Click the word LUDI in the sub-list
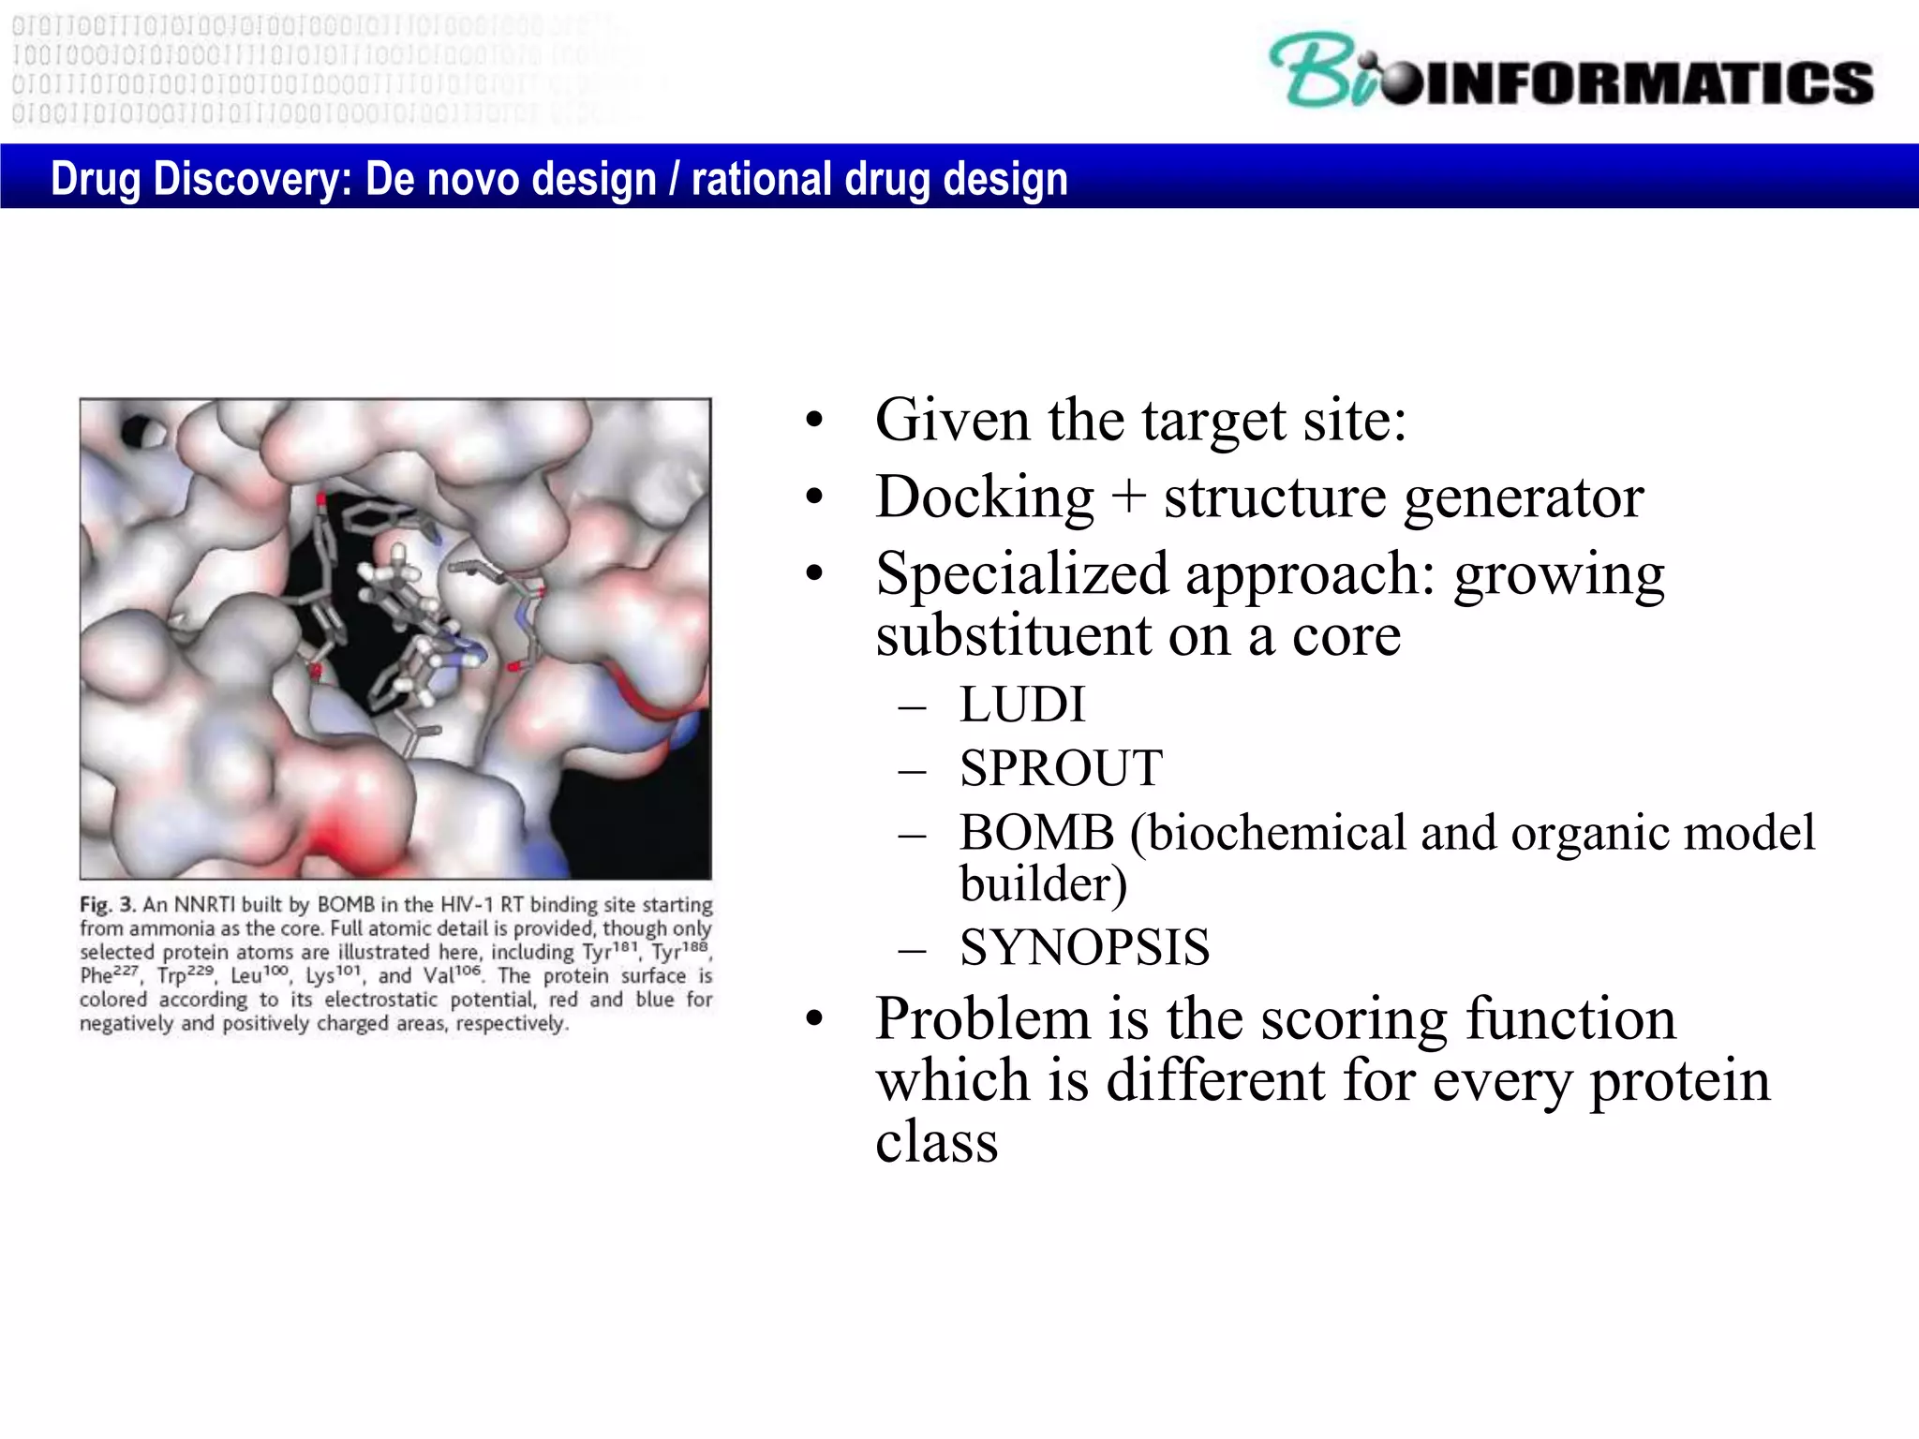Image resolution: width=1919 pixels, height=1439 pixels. [x=1021, y=705]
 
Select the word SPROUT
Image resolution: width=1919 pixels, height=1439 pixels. [x=1060, y=769]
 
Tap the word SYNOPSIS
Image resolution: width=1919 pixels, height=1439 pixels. [x=1084, y=948]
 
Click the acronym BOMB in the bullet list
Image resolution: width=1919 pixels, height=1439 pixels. [x=1036, y=833]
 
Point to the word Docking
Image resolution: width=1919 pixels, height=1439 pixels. [x=984, y=497]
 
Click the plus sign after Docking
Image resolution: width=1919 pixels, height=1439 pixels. [x=1129, y=497]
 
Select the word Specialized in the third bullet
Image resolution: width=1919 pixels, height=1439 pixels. [x=1021, y=574]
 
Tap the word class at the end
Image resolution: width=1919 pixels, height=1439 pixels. [x=936, y=1143]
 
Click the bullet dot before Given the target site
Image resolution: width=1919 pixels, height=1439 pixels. [x=814, y=422]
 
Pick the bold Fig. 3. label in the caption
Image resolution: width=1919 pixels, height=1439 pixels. [x=108, y=905]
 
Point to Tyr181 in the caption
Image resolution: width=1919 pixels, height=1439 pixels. [x=611, y=952]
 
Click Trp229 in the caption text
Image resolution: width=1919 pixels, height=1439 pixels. [x=186, y=975]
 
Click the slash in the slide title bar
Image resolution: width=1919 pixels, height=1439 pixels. [x=674, y=178]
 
